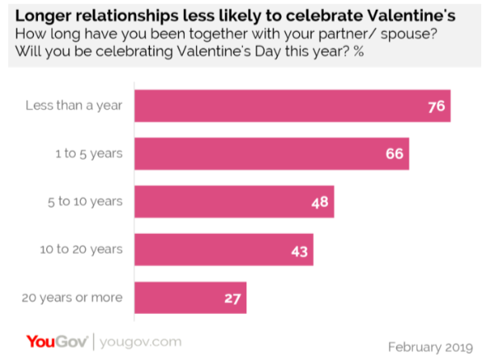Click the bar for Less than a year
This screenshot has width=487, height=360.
[292, 106]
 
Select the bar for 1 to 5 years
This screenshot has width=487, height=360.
[271, 154]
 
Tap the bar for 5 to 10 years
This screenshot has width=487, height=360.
[233, 201]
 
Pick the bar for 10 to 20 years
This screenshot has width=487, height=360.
[222, 249]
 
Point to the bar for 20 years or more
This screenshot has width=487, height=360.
[190, 297]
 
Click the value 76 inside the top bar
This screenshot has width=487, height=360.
[436, 106]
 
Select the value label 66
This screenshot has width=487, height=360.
[395, 154]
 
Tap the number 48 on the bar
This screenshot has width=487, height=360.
[320, 201]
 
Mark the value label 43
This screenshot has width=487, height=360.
[298, 249]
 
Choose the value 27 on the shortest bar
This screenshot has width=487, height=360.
[232, 297]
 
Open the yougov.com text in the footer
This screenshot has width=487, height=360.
[140, 341]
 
